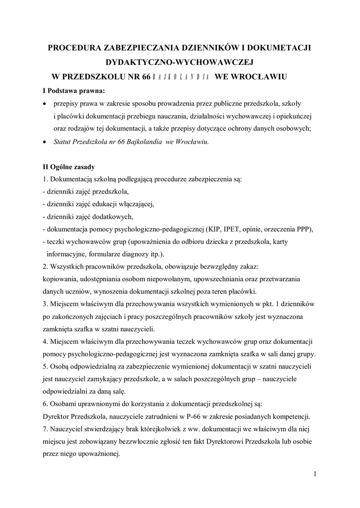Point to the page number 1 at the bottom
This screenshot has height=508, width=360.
coord(315,474)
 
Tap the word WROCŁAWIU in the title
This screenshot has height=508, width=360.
coord(262,77)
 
